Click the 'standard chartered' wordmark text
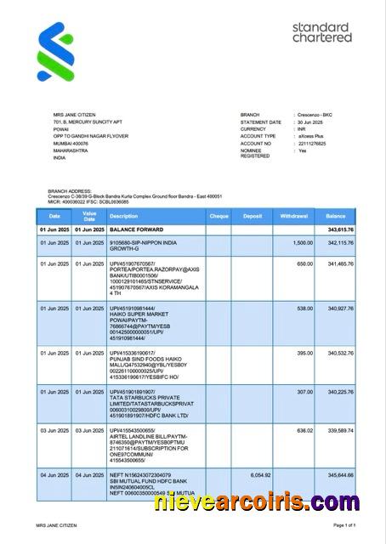(321, 33)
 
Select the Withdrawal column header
(294, 217)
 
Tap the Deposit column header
(253, 217)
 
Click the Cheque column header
(219, 217)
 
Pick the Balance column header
(336, 217)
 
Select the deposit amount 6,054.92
(260, 474)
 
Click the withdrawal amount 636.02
(304, 431)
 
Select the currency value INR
(303, 129)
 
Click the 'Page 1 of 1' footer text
(357, 526)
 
